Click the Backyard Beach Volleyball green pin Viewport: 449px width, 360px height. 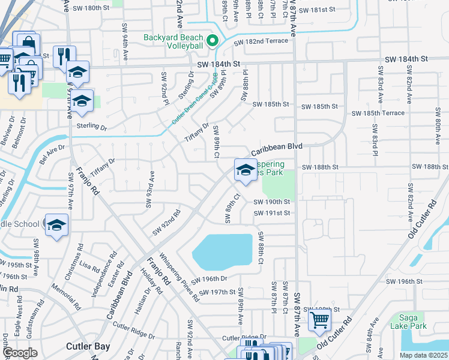tap(211, 41)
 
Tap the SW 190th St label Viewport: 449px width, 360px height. tap(271, 202)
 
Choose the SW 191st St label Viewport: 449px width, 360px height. tap(271, 213)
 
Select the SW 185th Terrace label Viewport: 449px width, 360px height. tap(378, 113)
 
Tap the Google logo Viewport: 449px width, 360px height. tap(20, 353)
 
